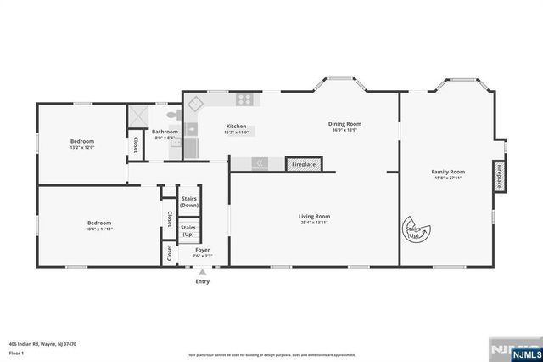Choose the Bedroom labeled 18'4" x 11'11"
pyautogui.click(x=99, y=224)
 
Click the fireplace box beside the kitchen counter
pyautogui.click(x=304, y=164)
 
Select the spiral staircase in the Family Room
pyautogui.click(x=417, y=229)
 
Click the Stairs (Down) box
pyautogui.click(x=189, y=201)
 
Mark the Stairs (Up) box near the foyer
pyautogui.click(x=188, y=229)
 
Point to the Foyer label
pyautogui.click(x=202, y=252)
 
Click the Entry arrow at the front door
pyautogui.click(x=202, y=272)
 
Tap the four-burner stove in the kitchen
pyautogui.click(x=245, y=99)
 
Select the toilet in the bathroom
pyautogui.click(x=172, y=115)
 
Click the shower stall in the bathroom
pyautogui.click(x=137, y=116)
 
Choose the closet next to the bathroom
pyautogui.click(x=135, y=145)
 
